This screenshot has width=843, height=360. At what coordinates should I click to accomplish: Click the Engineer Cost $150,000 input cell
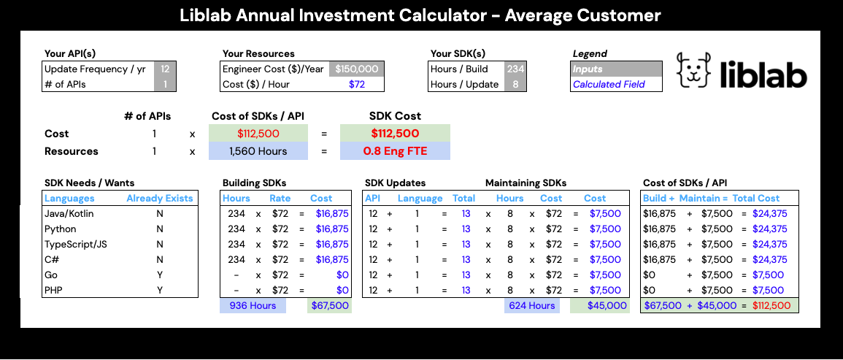357,69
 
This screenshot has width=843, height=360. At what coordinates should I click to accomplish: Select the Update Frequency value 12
165,69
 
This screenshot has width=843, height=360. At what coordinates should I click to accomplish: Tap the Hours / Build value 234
516,69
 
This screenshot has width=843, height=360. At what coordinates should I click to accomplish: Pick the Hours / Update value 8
516,84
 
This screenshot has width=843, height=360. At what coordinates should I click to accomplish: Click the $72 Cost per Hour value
357,84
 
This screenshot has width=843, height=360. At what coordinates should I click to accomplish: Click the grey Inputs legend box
617,69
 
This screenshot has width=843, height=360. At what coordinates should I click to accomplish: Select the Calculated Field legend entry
617,84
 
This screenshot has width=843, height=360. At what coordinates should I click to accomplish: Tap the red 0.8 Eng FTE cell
395,152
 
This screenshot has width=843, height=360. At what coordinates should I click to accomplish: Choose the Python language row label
61,229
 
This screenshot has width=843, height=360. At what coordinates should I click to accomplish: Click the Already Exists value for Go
159,275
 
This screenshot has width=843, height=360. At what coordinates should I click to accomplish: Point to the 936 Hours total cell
253,306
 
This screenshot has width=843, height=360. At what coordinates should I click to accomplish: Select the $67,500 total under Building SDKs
330,306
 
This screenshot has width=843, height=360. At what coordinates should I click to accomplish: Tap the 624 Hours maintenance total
531,306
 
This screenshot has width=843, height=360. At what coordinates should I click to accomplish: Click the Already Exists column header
159,199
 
